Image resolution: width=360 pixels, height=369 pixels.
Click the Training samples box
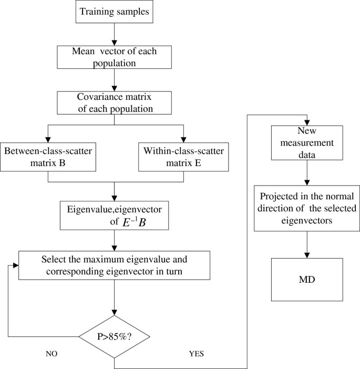(114, 13)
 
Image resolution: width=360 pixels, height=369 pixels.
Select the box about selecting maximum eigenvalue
(114, 265)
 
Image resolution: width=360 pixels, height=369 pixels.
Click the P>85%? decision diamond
(114, 335)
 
